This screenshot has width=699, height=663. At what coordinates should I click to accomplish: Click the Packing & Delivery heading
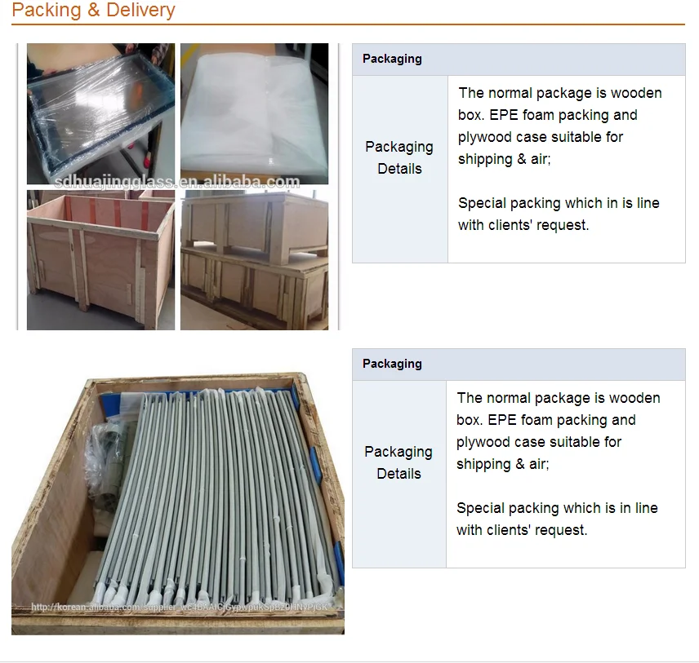(x=93, y=11)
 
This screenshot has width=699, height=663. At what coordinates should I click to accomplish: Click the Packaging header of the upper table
(x=392, y=59)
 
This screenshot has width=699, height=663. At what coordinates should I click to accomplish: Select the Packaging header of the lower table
(x=392, y=364)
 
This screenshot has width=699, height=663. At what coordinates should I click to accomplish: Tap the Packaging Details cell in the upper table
(x=399, y=157)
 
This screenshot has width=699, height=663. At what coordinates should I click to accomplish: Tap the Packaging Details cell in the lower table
(x=398, y=462)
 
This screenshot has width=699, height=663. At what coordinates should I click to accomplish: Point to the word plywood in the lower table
(x=483, y=442)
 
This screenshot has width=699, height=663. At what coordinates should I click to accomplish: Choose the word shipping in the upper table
(x=484, y=159)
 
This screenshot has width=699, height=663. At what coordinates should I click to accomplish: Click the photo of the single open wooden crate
(x=100, y=261)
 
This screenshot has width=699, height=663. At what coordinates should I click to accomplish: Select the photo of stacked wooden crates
(x=254, y=261)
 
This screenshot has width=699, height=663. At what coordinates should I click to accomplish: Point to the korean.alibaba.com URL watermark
(x=180, y=608)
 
